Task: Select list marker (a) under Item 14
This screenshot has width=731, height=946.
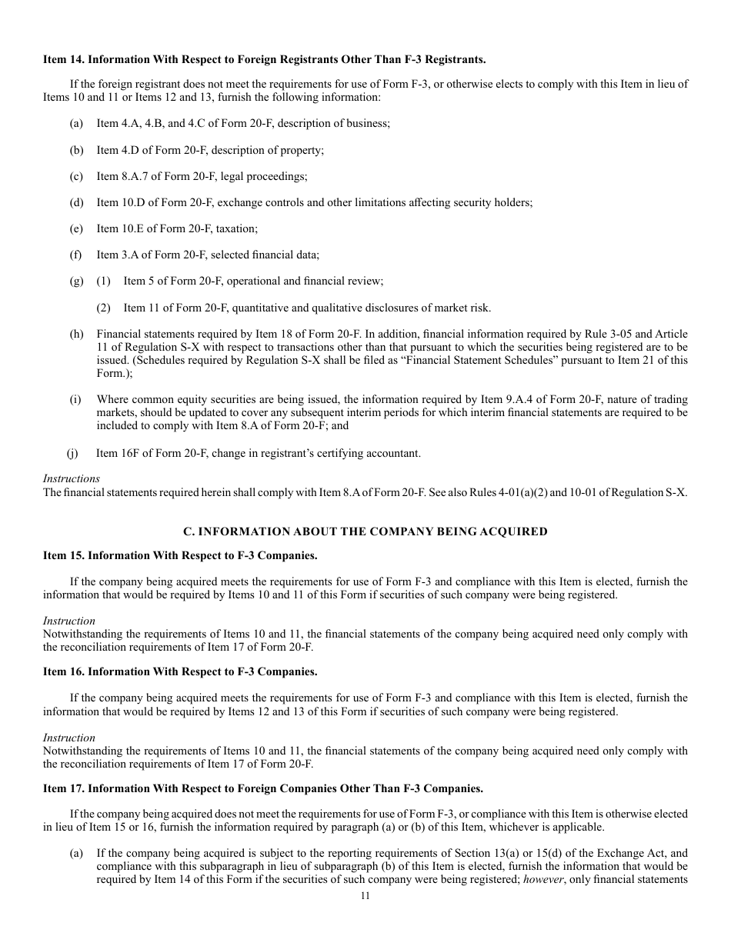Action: pyautogui.click(x=76, y=123)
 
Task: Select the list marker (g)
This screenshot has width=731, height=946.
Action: pyautogui.click(x=76, y=281)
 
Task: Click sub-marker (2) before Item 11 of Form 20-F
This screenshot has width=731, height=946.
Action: pyautogui.click(x=103, y=308)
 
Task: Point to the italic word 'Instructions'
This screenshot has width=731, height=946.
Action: pyautogui.click(x=72, y=478)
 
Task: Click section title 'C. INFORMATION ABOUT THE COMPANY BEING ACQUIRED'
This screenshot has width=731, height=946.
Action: pyautogui.click(x=365, y=531)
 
